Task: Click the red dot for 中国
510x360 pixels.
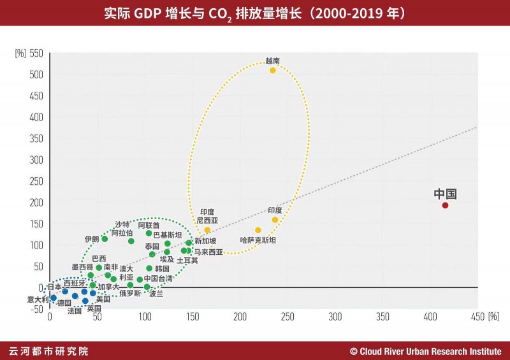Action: pos(445,205)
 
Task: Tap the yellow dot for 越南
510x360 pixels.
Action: pos(273,70)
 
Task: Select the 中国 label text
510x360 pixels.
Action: pos(446,194)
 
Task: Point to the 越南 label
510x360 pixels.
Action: pos(273,61)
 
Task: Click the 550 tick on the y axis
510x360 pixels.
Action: pos(36,54)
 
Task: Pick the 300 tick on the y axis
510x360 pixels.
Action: pos(36,160)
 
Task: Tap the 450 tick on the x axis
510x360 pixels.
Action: pos(477,316)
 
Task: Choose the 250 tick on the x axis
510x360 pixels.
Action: pos(287,316)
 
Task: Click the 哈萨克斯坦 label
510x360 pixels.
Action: pos(258,240)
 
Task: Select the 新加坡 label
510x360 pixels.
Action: pos(205,241)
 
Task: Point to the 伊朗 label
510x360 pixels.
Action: pos(92,239)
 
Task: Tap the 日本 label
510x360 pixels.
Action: pos(55,287)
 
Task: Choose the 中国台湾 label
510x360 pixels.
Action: pos(158,278)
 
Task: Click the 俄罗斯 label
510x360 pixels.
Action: pos(131,294)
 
